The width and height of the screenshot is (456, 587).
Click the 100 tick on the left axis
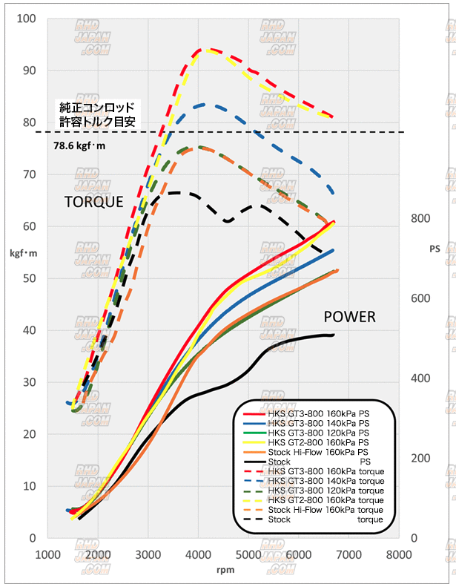click(x=29, y=18)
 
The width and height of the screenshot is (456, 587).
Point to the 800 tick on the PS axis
click(x=420, y=219)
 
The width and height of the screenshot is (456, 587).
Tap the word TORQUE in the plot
click(x=93, y=202)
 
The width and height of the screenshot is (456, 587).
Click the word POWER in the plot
click(x=349, y=318)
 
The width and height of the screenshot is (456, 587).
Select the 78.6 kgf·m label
click(x=80, y=145)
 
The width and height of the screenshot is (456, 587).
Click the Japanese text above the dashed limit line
click(x=96, y=114)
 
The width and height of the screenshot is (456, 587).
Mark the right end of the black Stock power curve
click(x=334, y=335)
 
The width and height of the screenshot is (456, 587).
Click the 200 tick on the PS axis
click(x=420, y=458)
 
